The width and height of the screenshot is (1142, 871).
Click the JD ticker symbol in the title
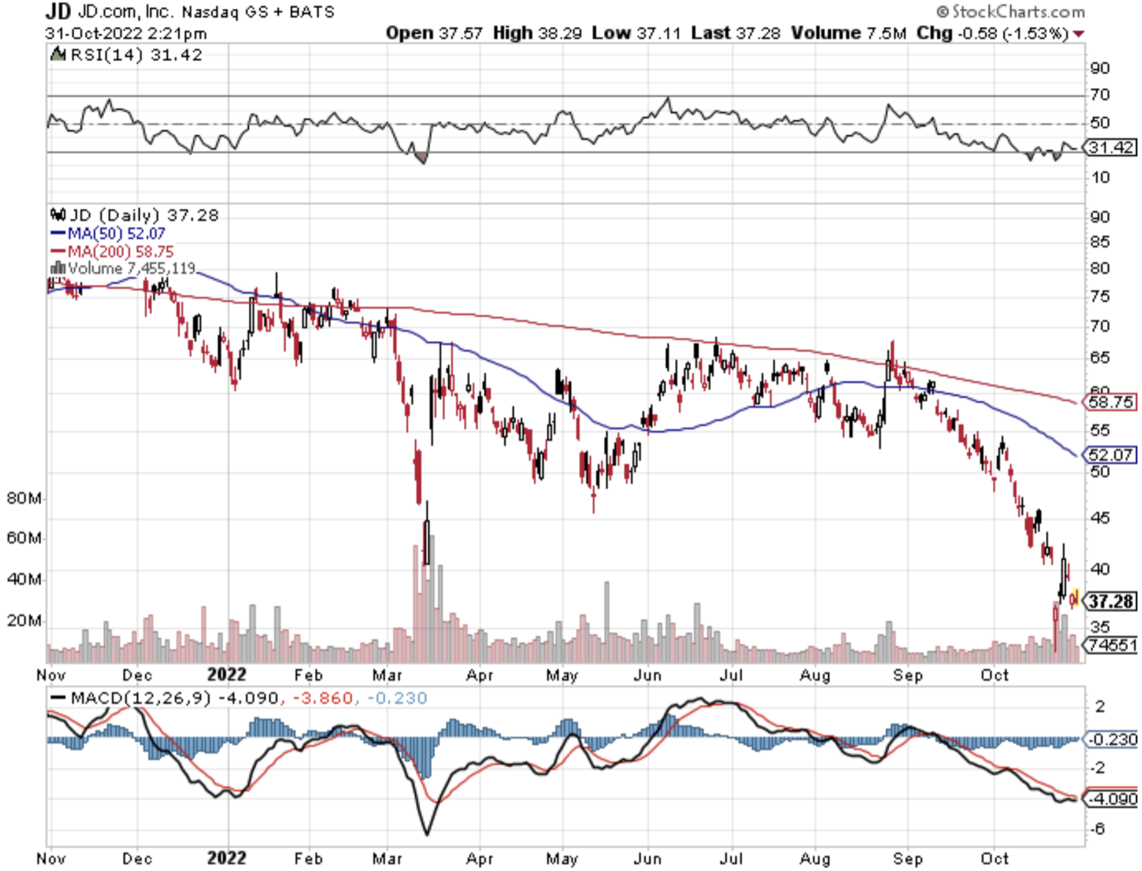point(58,11)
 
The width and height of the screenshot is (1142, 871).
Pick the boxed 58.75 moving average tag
point(1111,402)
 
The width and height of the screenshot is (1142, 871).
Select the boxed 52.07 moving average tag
point(1111,455)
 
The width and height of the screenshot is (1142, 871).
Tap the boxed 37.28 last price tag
point(1111,602)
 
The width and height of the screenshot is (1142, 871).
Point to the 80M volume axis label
point(23,498)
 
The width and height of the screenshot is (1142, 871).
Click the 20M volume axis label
point(23,621)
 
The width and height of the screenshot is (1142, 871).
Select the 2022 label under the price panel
point(226,674)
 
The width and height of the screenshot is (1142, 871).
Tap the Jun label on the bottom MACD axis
point(647,858)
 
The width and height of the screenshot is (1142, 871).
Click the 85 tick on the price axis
point(1100,242)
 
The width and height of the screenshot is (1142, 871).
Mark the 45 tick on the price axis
point(1100,517)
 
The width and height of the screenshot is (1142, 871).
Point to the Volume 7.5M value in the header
point(848,33)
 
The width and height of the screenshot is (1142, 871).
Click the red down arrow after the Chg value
point(1078,34)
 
